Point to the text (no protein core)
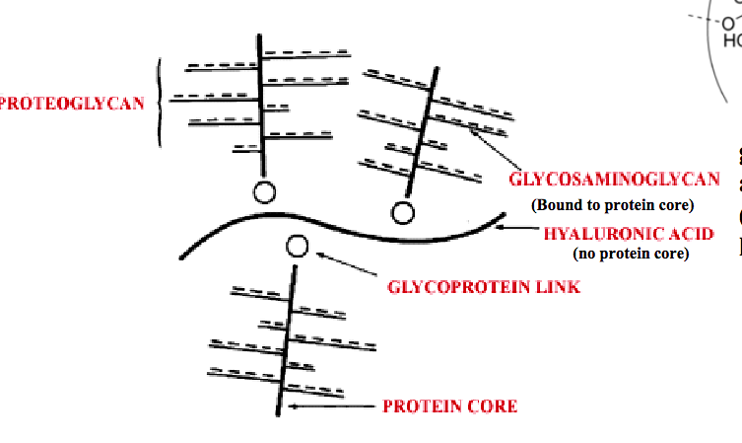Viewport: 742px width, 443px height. (630, 254)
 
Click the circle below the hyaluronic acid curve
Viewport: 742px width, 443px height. (297, 247)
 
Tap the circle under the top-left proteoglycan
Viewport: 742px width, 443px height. (264, 192)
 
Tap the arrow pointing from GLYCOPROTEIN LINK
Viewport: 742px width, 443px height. (345, 266)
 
